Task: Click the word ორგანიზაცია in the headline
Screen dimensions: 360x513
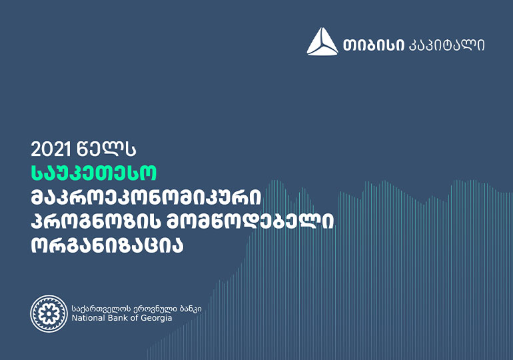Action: point(107,246)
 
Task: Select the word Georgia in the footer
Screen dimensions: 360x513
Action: point(157,319)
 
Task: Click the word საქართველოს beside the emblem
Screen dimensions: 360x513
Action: point(97,308)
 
